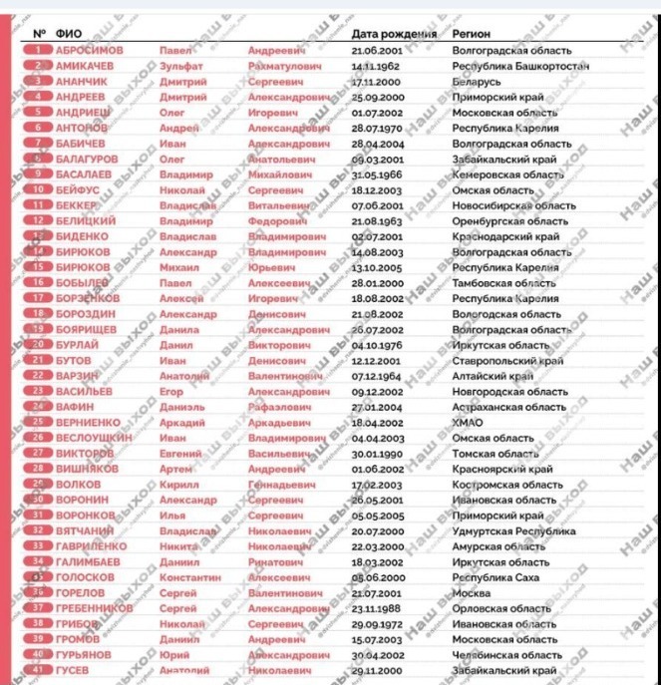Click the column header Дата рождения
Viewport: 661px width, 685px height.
coord(395,34)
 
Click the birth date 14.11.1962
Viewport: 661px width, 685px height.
coord(376,66)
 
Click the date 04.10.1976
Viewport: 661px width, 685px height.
coord(376,345)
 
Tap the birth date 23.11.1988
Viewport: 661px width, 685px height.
coord(376,608)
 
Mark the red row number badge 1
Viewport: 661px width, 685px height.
coord(37,50)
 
